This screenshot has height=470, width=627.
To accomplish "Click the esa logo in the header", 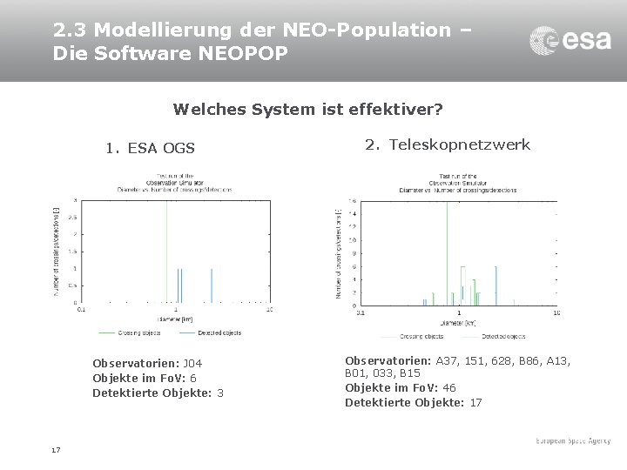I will pyautogui.click(x=570, y=40).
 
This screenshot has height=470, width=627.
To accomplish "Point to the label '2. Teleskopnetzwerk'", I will pyautogui.click(x=448, y=144).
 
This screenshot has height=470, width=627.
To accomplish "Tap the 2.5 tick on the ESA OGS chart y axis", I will pyautogui.click(x=72, y=217).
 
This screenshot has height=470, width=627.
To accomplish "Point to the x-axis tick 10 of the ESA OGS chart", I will pyautogui.click(x=269, y=309).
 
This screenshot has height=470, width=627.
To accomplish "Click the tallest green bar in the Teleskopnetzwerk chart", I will pyautogui.click(x=446, y=252).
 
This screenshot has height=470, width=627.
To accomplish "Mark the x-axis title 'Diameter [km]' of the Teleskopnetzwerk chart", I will pyautogui.click(x=458, y=322).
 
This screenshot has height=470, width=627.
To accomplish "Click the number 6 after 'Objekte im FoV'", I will pyautogui.click(x=192, y=378).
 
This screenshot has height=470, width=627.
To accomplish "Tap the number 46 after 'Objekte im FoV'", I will pyautogui.click(x=448, y=387).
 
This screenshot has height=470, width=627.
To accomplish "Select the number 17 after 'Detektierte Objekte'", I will pyautogui.click(x=475, y=402).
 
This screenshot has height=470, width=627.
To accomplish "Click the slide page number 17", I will pyautogui.click(x=56, y=450).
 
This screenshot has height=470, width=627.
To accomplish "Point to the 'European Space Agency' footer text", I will pyautogui.click(x=572, y=442).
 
